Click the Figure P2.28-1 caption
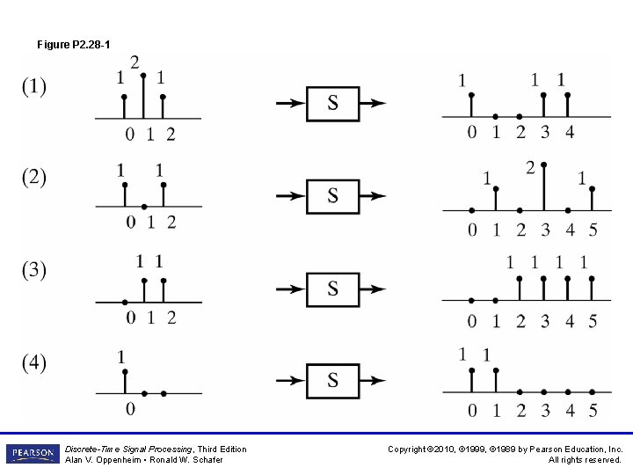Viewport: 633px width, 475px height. (74, 44)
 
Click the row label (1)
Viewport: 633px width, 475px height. (34, 87)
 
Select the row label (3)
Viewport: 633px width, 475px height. (34, 270)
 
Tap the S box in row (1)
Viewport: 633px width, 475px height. (332, 103)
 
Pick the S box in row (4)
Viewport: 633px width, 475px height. (332, 380)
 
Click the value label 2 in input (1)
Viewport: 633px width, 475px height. (135, 62)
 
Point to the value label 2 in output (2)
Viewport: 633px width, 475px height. (530, 168)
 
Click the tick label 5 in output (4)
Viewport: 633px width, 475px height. (593, 410)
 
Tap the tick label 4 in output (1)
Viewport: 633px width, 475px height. (569, 133)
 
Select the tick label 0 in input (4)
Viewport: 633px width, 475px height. (130, 408)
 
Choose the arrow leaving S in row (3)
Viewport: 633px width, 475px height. (374, 288)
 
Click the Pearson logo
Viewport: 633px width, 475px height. (31, 454)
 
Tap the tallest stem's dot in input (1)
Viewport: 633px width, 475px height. (143, 76)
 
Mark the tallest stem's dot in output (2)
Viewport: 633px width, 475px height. (544, 164)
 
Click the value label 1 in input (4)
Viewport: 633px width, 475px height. (120, 357)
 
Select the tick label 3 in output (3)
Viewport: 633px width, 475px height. (544, 321)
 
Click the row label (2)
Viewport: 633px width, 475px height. (34, 178)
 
